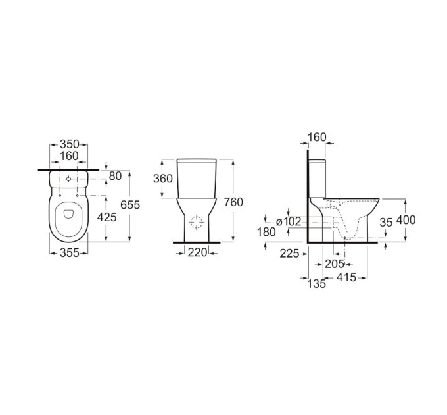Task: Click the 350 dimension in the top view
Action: click(69, 144)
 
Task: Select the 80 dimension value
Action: click(115, 176)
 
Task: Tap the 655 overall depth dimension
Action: click(130, 205)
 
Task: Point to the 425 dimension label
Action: click(107, 217)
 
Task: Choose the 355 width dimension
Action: click(69, 253)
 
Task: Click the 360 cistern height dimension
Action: click(163, 179)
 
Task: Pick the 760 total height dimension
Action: click(233, 202)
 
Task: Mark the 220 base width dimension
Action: click(197, 252)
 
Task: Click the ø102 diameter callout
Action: click(289, 221)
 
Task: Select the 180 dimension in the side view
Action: click(266, 233)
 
